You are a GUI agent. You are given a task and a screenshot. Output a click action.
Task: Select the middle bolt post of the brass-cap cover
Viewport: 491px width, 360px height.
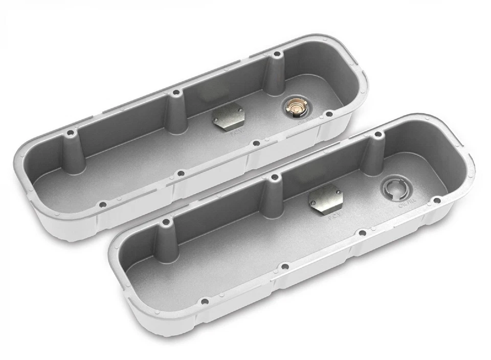[x=176, y=110]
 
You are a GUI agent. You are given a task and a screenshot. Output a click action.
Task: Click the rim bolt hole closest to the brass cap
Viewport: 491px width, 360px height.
[x=329, y=114]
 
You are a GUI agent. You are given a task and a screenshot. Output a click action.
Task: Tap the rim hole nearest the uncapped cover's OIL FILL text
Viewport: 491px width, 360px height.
[x=436, y=200]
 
